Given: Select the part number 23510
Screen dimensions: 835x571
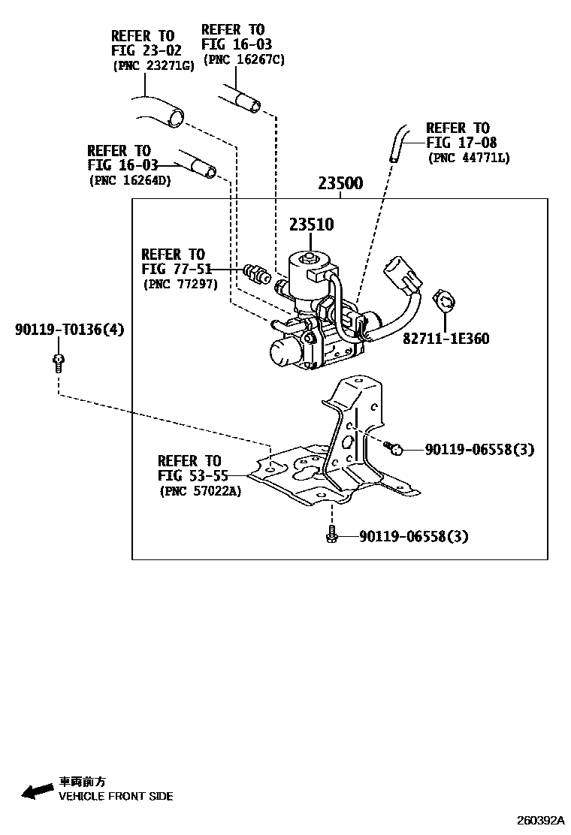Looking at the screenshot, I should [313, 225].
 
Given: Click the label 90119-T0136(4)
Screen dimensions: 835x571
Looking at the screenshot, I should [69, 329].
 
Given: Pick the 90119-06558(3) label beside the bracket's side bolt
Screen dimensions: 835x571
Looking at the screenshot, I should [479, 449].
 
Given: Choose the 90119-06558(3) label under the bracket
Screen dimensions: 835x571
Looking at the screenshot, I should [413, 536].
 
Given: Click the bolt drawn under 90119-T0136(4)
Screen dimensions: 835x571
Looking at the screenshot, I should [58, 363].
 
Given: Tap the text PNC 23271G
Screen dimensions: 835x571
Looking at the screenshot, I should [153, 65].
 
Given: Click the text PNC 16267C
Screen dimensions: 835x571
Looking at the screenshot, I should [243, 59].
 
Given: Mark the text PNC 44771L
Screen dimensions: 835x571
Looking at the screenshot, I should [469, 158].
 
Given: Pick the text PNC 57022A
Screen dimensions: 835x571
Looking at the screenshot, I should [200, 492].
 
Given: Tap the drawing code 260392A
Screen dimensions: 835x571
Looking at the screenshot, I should [539, 821].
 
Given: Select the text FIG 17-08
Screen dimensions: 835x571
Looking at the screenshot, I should [461, 143].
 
